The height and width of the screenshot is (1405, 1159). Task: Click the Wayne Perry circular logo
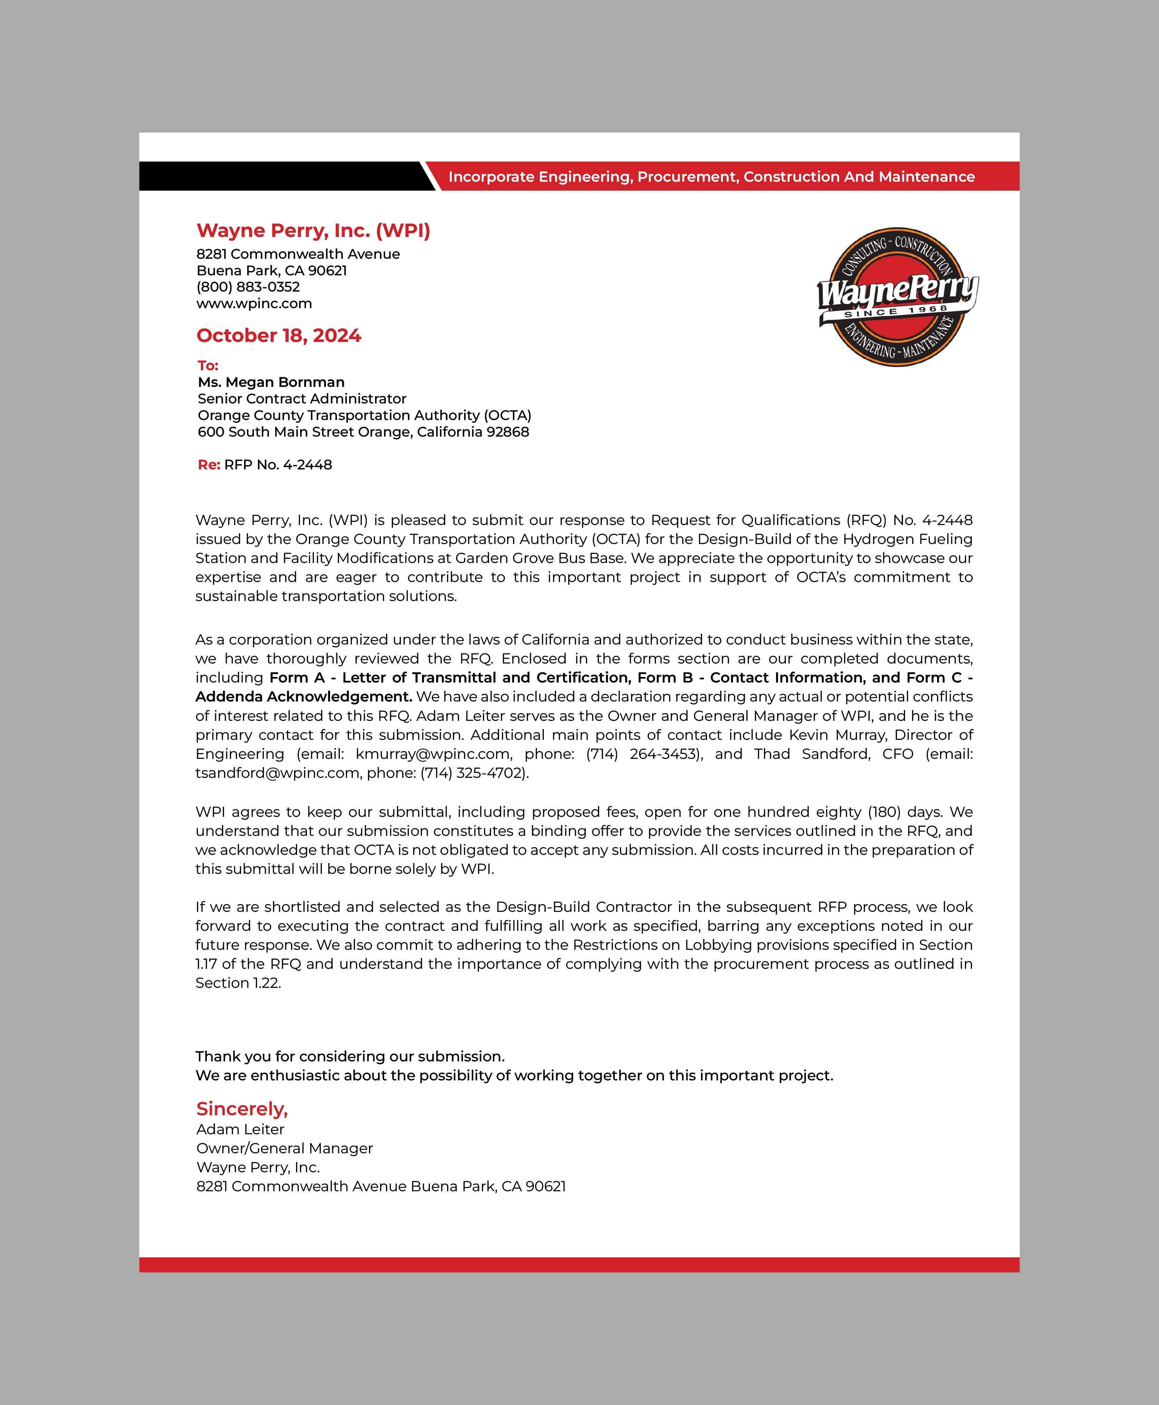coord(897,297)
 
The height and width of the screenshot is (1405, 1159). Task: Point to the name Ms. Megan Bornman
coord(271,382)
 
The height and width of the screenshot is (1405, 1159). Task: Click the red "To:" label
coord(207,365)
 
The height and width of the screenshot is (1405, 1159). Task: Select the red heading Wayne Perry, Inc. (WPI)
coord(313,230)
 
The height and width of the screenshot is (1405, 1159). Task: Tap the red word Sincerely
coord(242,1109)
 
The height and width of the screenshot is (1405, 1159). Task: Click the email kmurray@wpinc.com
coord(433,754)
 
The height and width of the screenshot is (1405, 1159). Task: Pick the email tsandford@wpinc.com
coord(277,773)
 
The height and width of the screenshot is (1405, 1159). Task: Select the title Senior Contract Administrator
coord(302,399)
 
